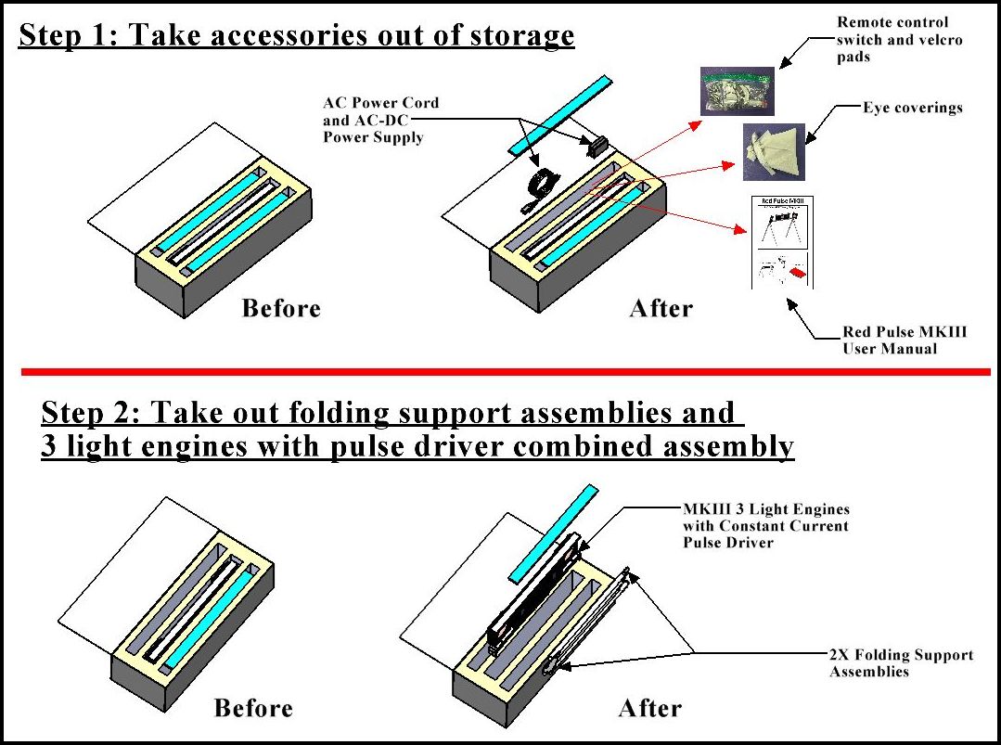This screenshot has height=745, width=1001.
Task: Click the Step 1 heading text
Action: pos(297,35)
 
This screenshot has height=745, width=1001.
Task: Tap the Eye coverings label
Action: pos(913,108)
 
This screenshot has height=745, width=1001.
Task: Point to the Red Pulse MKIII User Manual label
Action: pos(891,340)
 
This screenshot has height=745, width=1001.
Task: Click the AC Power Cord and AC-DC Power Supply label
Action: pos(380,120)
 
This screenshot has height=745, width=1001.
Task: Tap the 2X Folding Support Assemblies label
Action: pos(901,662)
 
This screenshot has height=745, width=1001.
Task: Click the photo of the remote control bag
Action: pos(736,90)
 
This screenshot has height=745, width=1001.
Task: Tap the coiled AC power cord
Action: pos(537,188)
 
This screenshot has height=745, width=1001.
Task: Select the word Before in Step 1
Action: pos(281,308)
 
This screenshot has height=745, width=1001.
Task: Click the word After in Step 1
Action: pos(661,308)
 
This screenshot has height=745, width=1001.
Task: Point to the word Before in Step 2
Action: pos(253,709)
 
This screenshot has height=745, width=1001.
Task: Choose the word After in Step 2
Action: pos(650,709)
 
